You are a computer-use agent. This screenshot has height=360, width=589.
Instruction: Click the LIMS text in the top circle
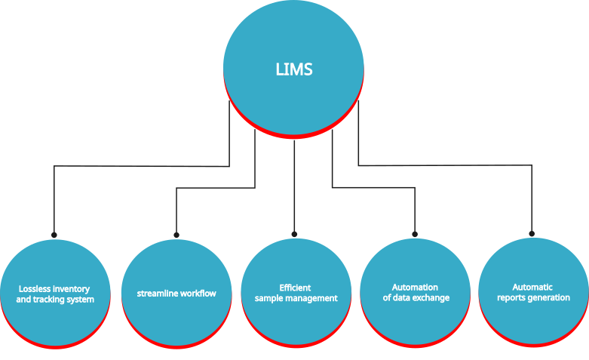(x=294, y=70)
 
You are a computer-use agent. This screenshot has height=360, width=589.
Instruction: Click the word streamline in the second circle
(x=157, y=293)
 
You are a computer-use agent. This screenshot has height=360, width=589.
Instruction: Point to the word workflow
(x=197, y=293)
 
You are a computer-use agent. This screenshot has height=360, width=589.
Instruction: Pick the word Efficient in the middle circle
(x=295, y=288)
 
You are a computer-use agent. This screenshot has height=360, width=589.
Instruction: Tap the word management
(x=311, y=298)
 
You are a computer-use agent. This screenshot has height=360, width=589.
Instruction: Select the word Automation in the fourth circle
(x=415, y=287)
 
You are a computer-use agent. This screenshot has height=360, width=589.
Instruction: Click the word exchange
(x=431, y=297)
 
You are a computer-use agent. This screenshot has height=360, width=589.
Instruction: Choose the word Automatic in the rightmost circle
(x=532, y=287)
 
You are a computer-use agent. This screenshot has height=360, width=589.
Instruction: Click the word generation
(x=549, y=297)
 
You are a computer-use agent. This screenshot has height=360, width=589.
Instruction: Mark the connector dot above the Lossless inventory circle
(x=54, y=234)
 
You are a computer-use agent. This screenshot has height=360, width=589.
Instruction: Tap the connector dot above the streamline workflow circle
(x=176, y=235)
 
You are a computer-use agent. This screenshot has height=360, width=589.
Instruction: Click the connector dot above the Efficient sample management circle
(x=294, y=234)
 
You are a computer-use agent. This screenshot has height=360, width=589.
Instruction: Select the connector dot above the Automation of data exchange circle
(x=415, y=234)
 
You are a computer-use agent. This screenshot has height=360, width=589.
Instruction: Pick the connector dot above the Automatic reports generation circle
(x=532, y=234)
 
